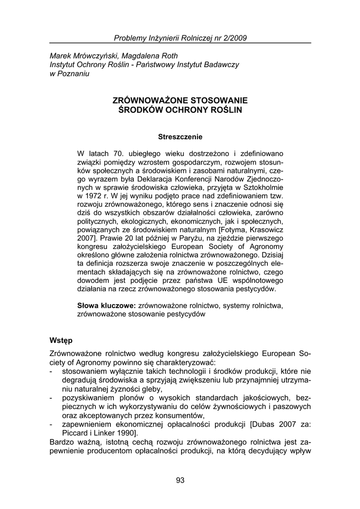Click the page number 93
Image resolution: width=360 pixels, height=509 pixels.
click(x=180, y=480)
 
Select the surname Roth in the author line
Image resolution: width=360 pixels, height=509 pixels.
click(x=169, y=56)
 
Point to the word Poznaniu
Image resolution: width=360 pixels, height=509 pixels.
click(x=74, y=74)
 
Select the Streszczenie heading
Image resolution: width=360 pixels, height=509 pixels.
click(x=180, y=136)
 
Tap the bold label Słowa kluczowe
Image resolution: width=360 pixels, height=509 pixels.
click(x=107, y=305)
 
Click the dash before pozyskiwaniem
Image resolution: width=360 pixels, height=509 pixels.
click(x=52, y=398)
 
